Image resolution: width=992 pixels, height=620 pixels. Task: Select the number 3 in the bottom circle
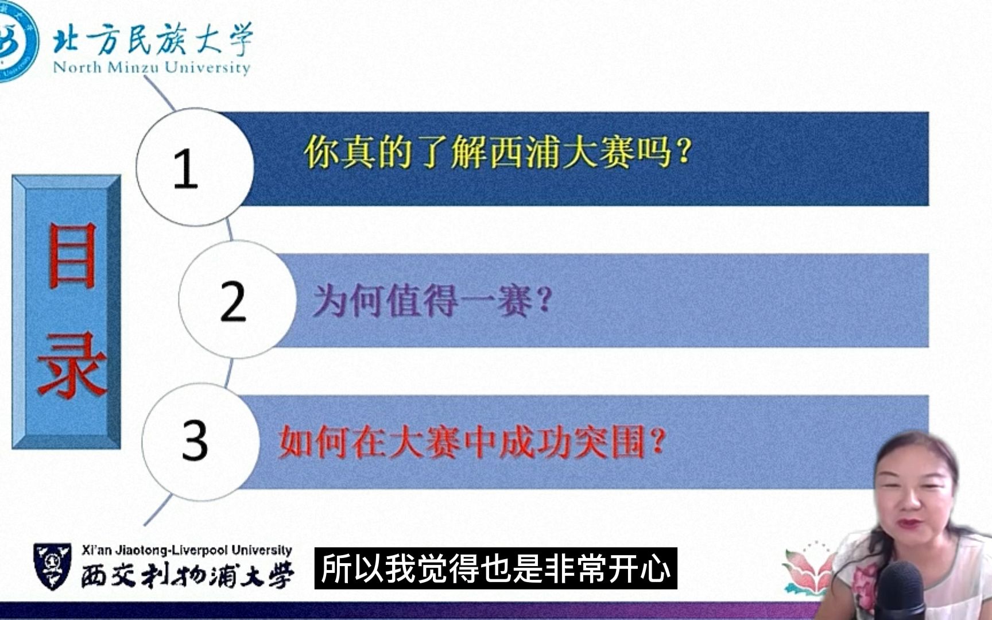[195, 440]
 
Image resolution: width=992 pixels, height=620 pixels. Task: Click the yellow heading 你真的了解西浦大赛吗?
[497, 153]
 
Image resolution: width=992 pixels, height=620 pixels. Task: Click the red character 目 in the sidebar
[71, 256]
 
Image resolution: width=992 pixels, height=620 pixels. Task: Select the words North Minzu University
[152, 68]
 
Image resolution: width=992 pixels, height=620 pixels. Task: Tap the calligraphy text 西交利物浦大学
[187, 574]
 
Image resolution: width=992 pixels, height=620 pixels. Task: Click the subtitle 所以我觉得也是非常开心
[495, 568]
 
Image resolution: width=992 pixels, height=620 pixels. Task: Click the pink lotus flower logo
[807, 568]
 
